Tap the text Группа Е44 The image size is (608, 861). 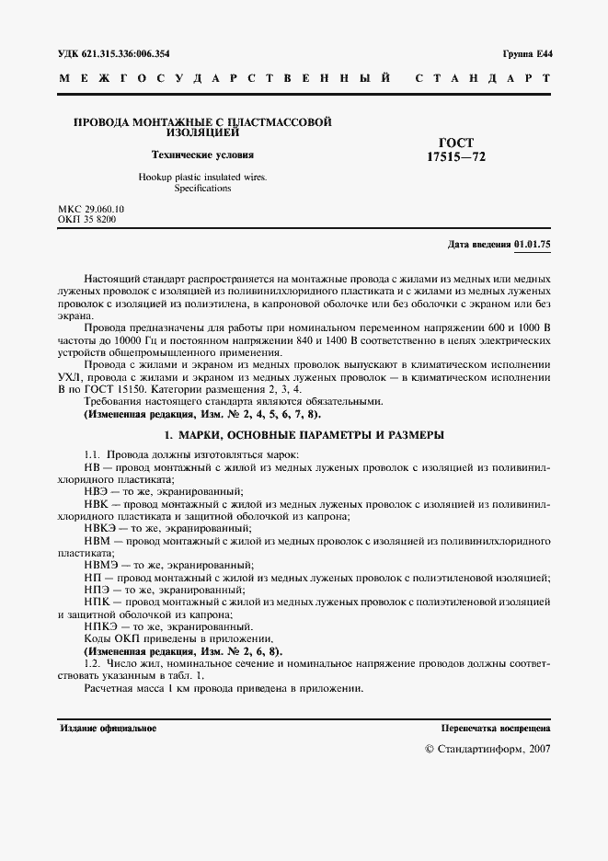click(527, 54)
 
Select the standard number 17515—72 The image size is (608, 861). click(456, 157)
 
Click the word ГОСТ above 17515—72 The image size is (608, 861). click(456, 143)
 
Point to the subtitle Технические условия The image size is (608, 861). click(202, 155)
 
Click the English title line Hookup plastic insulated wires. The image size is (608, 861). click(202, 177)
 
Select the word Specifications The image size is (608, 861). click(202, 189)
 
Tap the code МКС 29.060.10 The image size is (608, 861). click(91, 210)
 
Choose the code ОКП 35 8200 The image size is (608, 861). click(87, 221)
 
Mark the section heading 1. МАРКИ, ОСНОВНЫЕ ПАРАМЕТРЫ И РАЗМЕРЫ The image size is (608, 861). click(304, 432)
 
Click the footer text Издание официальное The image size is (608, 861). click(109, 729)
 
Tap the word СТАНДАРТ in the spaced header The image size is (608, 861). click(484, 79)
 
